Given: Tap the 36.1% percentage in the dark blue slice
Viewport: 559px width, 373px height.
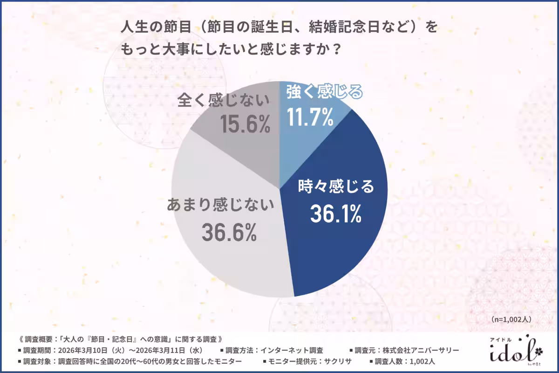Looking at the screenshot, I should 336,213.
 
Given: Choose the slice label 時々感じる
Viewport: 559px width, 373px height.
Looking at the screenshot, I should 336,187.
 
